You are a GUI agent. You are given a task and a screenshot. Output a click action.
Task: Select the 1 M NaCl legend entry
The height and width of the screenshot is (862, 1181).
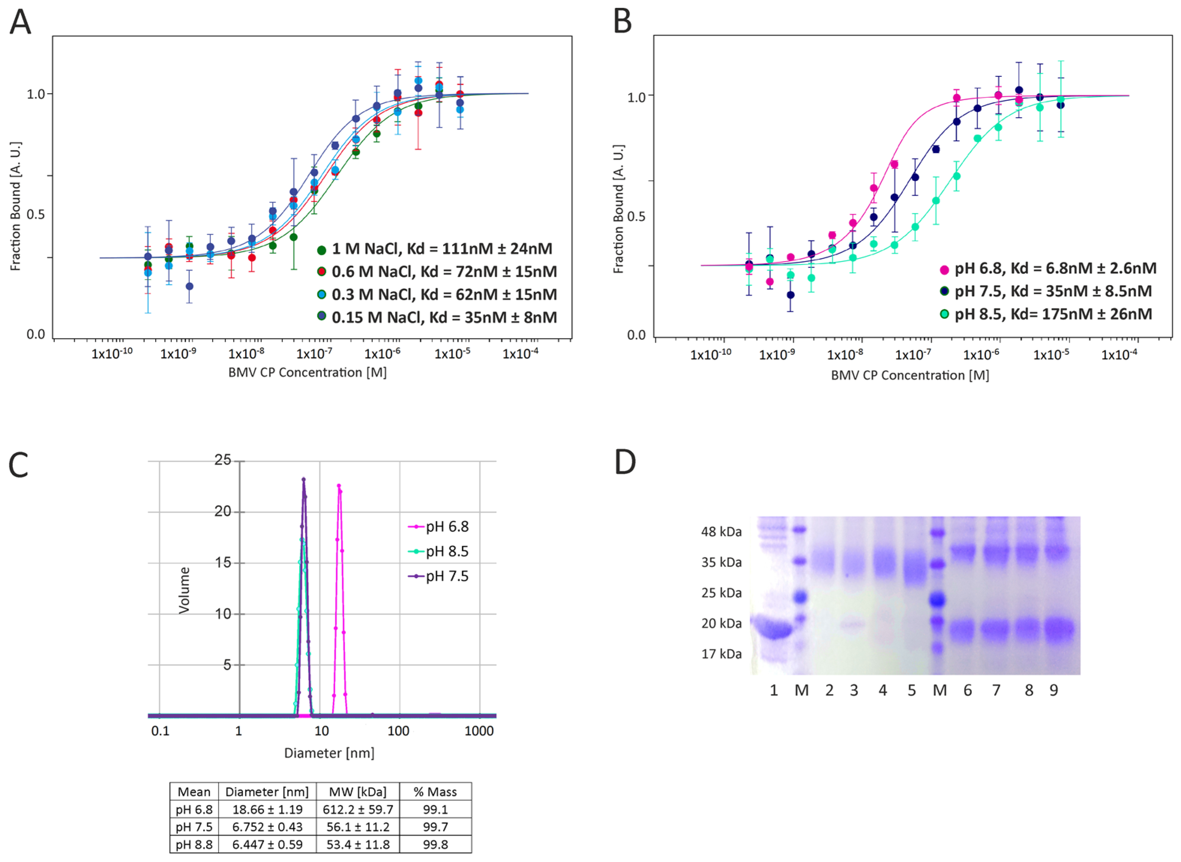[x=436, y=249]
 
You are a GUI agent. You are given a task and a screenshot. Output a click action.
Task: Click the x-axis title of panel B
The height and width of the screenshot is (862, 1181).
[x=910, y=375]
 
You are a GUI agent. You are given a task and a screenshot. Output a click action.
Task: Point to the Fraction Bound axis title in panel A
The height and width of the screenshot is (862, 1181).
[x=16, y=206]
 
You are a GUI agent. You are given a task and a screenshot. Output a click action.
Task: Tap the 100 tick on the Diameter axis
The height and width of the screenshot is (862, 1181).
[x=398, y=731]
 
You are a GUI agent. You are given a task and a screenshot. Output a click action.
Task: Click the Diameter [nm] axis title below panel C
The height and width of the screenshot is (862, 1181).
[x=329, y=753]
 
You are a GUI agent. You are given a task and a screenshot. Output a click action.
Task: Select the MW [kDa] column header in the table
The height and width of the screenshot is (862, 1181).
[x=358, y=792]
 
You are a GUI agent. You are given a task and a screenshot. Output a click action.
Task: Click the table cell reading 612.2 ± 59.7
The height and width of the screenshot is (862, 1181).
[x=358, y=809]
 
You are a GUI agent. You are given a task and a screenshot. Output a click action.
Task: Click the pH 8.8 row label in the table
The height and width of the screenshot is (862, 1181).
[x=194, y=844]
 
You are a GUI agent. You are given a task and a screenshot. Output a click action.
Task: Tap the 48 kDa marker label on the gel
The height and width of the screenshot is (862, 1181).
[x=721, y=532]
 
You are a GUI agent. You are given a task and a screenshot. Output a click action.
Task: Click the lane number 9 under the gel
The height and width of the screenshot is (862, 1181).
[x=1054, y=690]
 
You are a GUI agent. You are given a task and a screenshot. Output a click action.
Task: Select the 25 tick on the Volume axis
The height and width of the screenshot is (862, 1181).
[x=223, y=460]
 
